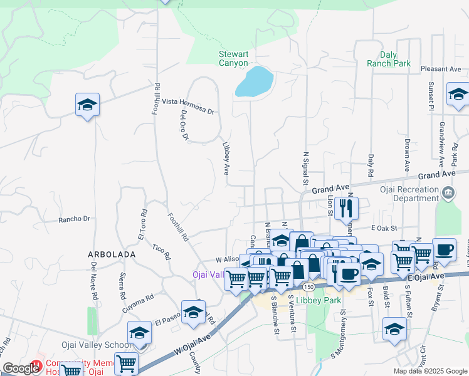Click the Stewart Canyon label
click(234, 58)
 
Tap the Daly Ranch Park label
click(389, 59)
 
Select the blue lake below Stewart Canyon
click(255, 81)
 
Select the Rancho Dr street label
click(75, 219)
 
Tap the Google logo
click(21, 368)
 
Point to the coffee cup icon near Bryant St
click(444, 249)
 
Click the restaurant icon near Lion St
click(346, 207)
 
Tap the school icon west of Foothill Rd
click(87, 105)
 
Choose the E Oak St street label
click(385, 228)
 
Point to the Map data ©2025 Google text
click(429, 371)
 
